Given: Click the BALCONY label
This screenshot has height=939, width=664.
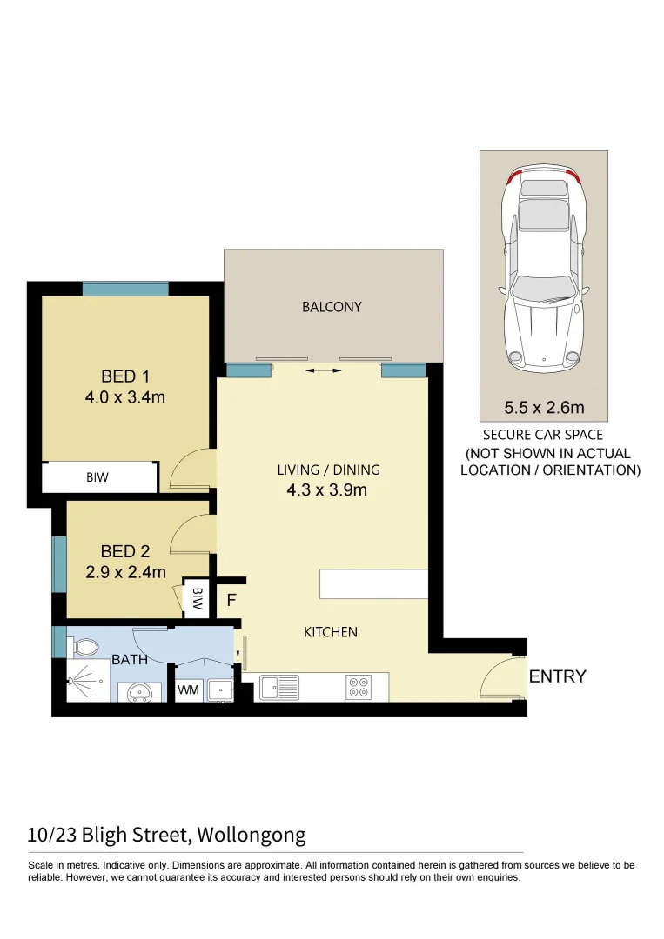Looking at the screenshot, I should tap(332, 307).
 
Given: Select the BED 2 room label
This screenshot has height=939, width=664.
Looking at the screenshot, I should tap(124, 551).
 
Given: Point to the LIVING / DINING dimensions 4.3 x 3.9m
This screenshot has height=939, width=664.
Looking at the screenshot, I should tap(327, 489).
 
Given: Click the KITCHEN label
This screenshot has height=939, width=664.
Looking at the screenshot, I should tap(330, 632).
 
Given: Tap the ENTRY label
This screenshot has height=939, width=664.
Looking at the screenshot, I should tap(557, 676).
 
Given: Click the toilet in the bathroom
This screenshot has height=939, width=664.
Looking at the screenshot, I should tap(85, 647).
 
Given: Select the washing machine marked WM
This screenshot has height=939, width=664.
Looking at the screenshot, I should tap(188, 690).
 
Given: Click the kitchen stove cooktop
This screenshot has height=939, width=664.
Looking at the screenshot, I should tap(359, 687).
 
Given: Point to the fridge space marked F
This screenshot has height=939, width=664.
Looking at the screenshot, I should tap(231, 600).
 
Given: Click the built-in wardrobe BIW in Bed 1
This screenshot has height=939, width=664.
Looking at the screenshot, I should tap(97, 477).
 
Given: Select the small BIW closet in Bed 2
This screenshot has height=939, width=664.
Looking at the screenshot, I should tap(198, 598).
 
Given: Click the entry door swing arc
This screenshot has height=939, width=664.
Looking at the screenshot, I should tap(500, 678).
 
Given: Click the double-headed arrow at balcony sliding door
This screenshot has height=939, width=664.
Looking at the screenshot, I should tap(324, 371).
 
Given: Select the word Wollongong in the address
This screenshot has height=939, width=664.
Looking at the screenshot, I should tap(252, 836).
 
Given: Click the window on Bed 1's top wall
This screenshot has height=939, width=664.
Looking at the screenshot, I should tap(125, 290).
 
